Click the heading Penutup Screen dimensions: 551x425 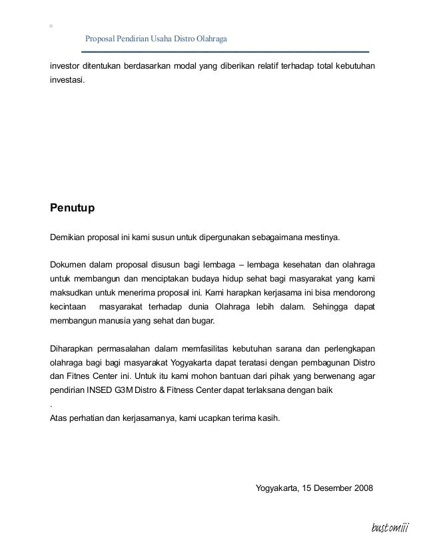point(73,208)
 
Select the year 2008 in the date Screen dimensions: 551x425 point(363,488)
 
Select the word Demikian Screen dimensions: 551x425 point(69,237)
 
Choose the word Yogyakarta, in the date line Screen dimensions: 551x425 point(278,488)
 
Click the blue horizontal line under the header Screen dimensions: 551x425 point(225,51)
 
